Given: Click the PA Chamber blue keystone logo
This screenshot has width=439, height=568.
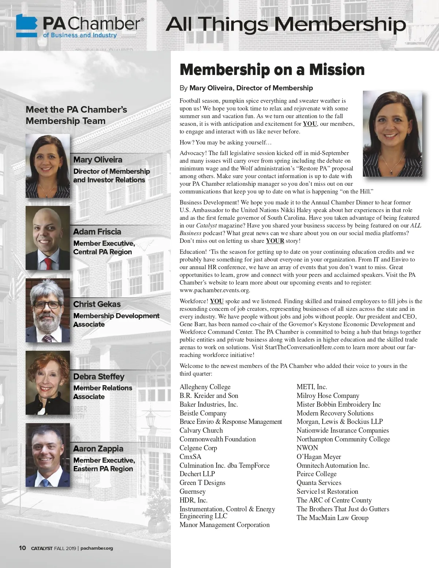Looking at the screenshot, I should coord(27,26).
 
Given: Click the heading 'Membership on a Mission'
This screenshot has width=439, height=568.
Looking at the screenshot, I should coord(272,69).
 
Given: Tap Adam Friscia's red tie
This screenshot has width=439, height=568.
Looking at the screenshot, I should coord(48,263).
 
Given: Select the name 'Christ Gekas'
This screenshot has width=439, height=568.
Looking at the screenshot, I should coord(97,304).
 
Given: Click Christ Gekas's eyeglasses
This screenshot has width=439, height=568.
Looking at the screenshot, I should coord(47,304).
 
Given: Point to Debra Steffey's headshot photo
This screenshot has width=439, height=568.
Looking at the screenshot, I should coord(48,383).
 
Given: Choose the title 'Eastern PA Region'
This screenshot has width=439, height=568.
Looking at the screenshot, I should coord(103,469).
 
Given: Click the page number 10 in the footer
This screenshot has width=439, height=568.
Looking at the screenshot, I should coord(22,548).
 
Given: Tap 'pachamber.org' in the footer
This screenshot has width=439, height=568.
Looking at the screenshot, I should coord(97,548).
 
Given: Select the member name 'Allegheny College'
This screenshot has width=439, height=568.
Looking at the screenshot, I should coord(205,387).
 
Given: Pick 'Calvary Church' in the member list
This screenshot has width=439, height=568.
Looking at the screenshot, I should coord(201,430).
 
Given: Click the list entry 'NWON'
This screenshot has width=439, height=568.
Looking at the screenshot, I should coord(307,448).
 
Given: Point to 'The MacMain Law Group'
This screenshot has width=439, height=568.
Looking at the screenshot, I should coord(332,518).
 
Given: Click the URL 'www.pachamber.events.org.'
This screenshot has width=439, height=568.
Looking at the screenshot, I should coord(215,290).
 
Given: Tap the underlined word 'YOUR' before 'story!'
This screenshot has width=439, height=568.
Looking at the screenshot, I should coord(275,241).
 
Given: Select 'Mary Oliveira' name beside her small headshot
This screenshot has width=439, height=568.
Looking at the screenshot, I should coord(98,159).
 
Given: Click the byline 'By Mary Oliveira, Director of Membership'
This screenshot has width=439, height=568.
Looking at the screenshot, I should coord(246,88).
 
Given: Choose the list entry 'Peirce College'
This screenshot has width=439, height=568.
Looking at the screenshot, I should coord(316,474).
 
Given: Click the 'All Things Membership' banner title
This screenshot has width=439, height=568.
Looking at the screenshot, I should coord(286,25).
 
